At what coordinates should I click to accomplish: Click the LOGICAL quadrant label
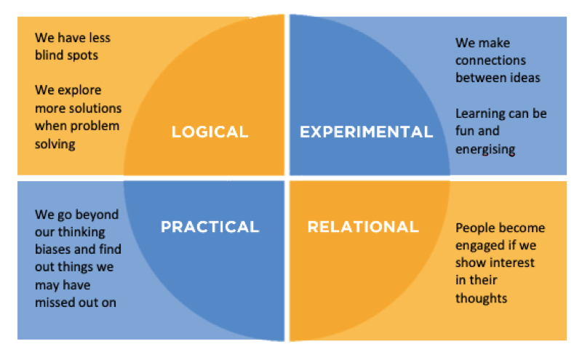tap(210, 132)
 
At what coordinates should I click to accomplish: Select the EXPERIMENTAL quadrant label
tap(367, 132)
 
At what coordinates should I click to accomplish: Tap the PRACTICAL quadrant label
tap(210, 227)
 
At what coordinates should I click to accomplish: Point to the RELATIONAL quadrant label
tap(363, 227)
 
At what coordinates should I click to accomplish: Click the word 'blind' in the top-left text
tap(49, 55)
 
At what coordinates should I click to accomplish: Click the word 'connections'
tap(490, 60)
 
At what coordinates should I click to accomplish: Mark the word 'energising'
tap(485, 150)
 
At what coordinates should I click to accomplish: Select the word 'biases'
tap(53, 249)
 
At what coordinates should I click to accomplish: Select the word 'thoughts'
tap(481, 298)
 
